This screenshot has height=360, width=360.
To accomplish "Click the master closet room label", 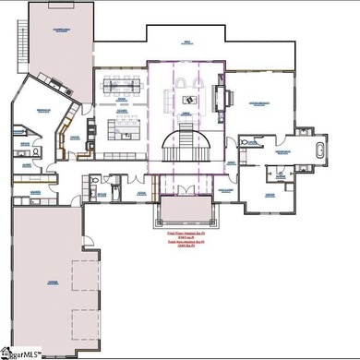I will pyautogui.click(x=270, y=196).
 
